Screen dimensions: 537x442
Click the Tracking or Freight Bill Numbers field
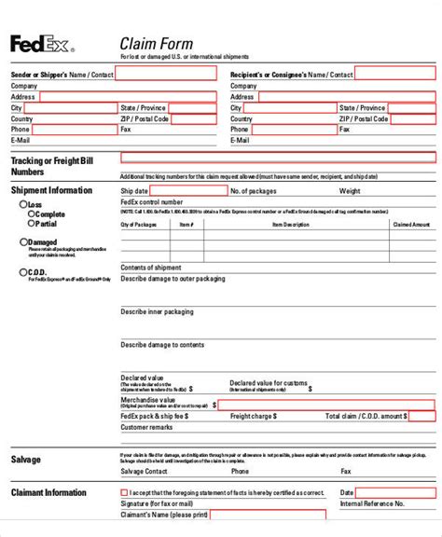point(277,158)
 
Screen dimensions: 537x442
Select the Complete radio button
point(32,213)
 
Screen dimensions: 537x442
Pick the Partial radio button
point(32,224)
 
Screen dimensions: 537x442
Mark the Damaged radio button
point(23,241)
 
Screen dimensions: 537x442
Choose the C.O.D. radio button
point(23,272)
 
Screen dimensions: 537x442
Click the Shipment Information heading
point(51,190)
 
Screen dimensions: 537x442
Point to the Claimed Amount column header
point(410,225)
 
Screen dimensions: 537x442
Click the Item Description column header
point(290,225)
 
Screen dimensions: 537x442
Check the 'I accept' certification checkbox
point(124,492)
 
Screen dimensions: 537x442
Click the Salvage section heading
point(25,460)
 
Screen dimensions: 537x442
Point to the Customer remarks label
point(146,427)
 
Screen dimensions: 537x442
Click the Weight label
point(350,191)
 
